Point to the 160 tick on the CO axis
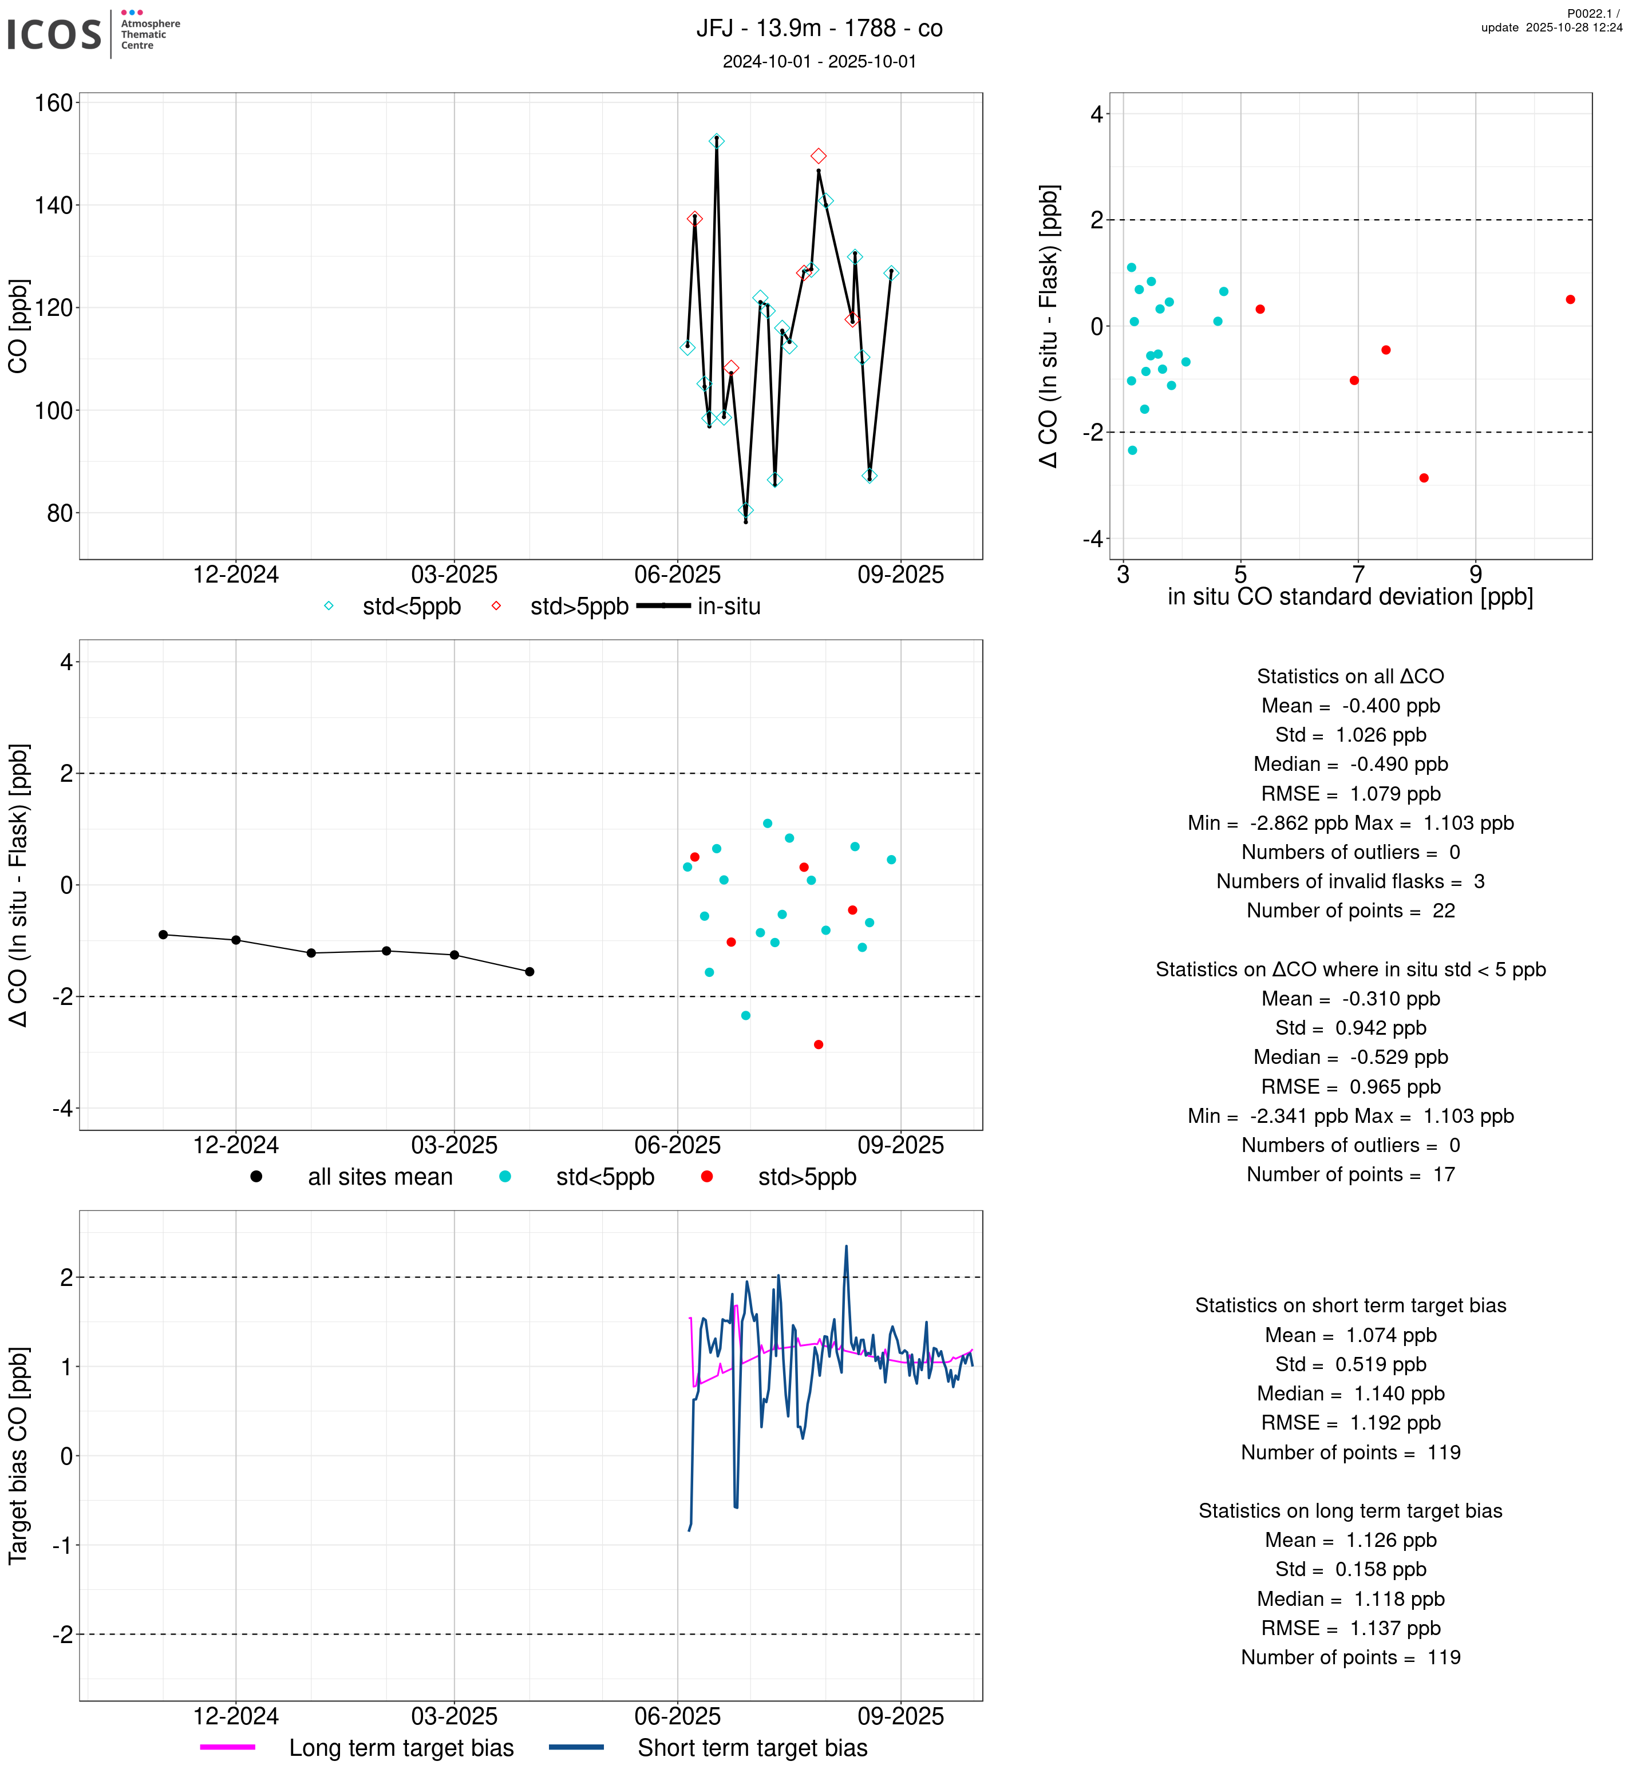point(53,103)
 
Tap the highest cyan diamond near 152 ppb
point(716,141)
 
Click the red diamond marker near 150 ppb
point(818,156)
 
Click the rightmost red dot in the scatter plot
point(1570,300)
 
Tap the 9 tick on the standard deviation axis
point(1475,574)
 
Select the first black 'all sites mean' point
point(163,935)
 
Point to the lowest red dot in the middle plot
point(818,1044)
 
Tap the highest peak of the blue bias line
point(845,1247)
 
